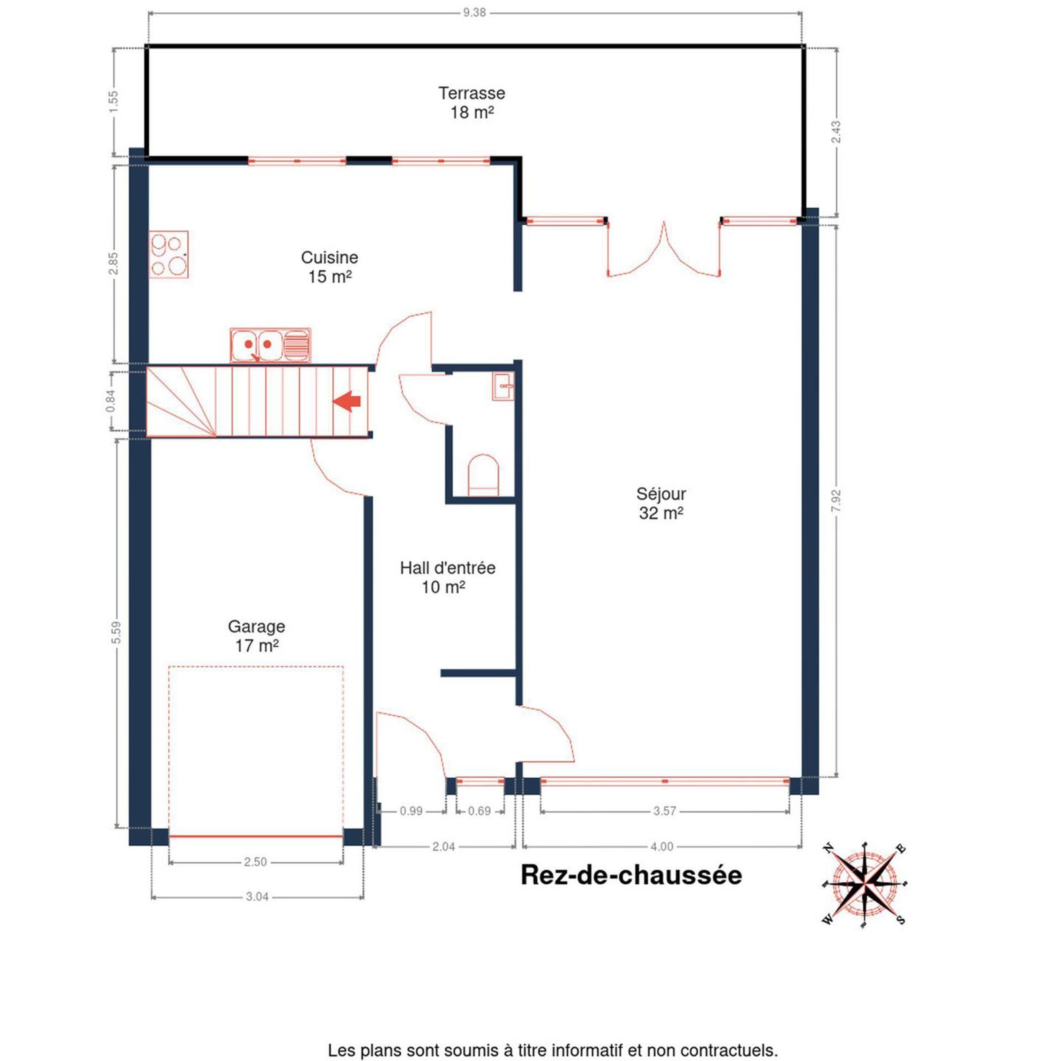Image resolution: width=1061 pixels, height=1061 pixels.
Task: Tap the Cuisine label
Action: tap(330, 267)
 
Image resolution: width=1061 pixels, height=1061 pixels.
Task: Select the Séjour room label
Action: tap(661, 503)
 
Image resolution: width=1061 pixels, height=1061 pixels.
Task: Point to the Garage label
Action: tap(256, 636)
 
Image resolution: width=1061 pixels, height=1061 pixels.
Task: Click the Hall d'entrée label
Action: tap(448, 577)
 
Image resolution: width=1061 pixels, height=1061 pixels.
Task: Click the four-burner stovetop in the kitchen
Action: tap(169, 254)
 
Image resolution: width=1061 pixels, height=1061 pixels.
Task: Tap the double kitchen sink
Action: tap(270, 345)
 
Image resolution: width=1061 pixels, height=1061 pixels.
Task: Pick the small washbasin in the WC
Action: tap(503, 387)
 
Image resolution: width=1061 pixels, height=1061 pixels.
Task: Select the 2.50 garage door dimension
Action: tap(255, 862)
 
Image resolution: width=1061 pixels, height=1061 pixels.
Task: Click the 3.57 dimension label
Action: tap(665, 811)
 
